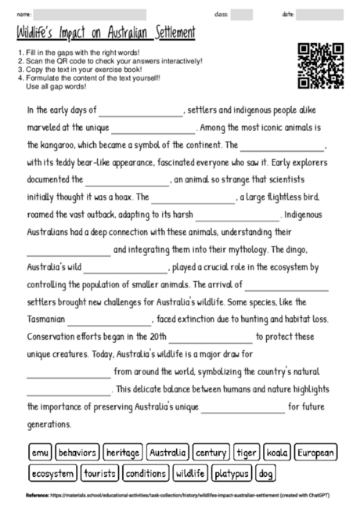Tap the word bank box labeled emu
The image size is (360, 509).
(40, 453)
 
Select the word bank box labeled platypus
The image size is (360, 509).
(232, 474)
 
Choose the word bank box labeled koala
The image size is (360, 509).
(277, 453)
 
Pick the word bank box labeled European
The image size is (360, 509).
(316, 453)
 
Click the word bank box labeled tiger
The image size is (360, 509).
(247, 453)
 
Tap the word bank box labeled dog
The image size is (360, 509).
(266, 474)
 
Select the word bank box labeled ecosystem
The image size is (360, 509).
(53, 474)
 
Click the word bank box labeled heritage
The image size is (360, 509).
(123, 453)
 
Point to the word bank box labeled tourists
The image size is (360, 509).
(99, 474)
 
